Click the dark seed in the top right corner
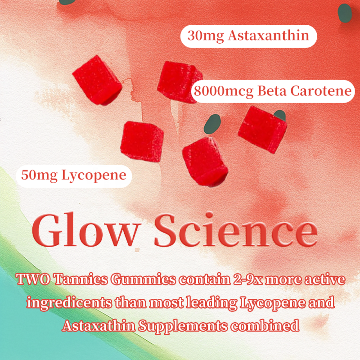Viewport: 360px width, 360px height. click(345, 13)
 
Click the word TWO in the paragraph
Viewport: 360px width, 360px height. click(31, 280)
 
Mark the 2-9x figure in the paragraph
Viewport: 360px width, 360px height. click(243, 280)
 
